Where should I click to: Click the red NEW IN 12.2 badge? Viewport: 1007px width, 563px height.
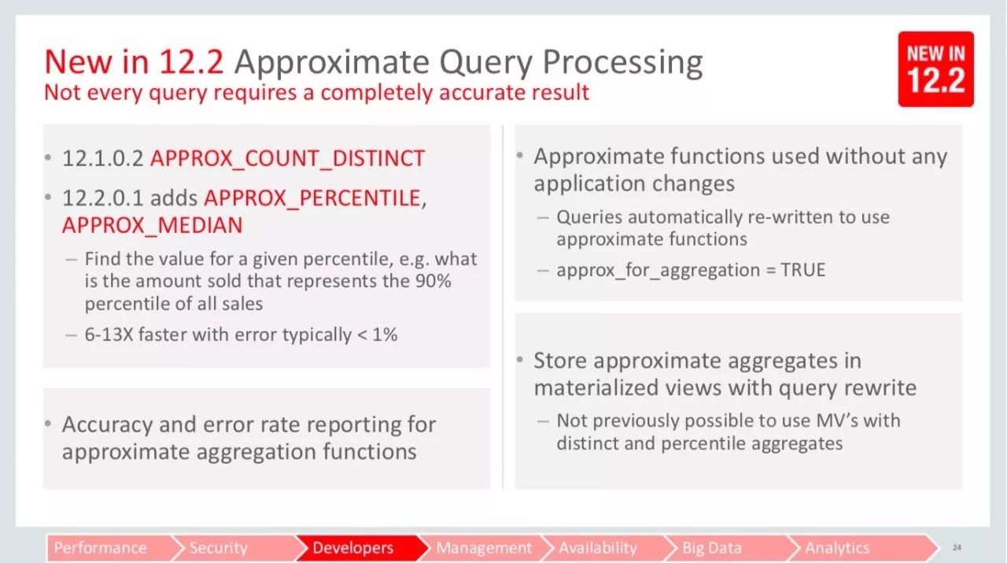pos(936,69)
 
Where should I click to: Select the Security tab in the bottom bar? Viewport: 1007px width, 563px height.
pos(234,548)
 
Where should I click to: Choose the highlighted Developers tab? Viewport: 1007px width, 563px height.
pos(358,548)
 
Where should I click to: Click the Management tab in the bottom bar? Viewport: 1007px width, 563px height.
pos(483,548)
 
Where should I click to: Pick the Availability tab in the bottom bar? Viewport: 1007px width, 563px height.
pos(606,548)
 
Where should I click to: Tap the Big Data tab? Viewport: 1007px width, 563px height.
pos(729,548)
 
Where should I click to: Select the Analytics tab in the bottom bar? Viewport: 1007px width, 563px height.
pos(858,548)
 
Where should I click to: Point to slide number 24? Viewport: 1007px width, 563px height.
pos(957,548)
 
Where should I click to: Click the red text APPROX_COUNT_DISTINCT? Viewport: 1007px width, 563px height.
pos(288,158)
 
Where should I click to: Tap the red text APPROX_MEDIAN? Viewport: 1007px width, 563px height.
pos(153,225)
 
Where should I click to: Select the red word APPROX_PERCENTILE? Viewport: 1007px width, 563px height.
pos(312,198)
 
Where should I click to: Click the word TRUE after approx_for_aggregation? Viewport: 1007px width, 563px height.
pos(803,270)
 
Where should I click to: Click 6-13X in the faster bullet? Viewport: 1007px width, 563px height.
pos(109,335)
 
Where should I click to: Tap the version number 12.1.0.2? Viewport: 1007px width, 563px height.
pos(103,158)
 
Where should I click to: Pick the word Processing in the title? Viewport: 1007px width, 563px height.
pos(622,63)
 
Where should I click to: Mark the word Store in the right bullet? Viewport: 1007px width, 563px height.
pos(560,361)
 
